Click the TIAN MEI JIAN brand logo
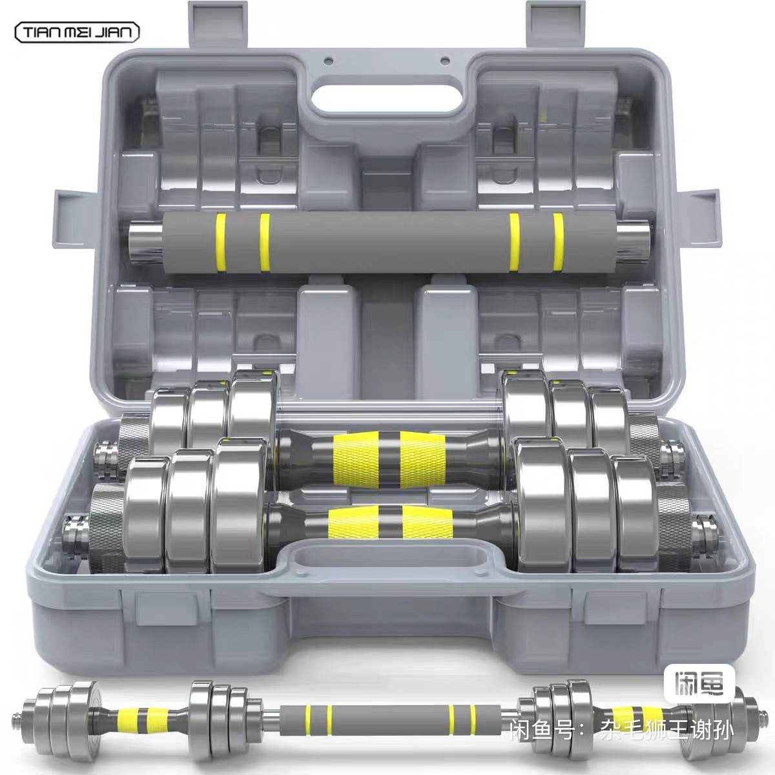(77, 32)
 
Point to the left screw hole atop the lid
(329, 61)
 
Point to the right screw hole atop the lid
(444, 61)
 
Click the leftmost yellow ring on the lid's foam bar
(220, 243)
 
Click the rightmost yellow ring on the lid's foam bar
(558, 242)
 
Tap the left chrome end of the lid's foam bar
(145, 243)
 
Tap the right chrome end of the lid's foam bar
(633, 242)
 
